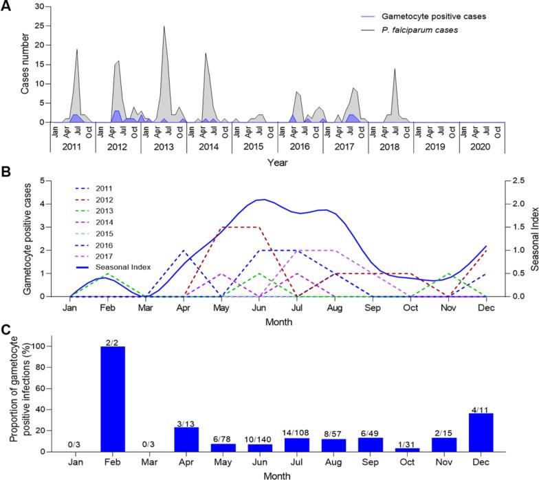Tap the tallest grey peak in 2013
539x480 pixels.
(164, 28)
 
